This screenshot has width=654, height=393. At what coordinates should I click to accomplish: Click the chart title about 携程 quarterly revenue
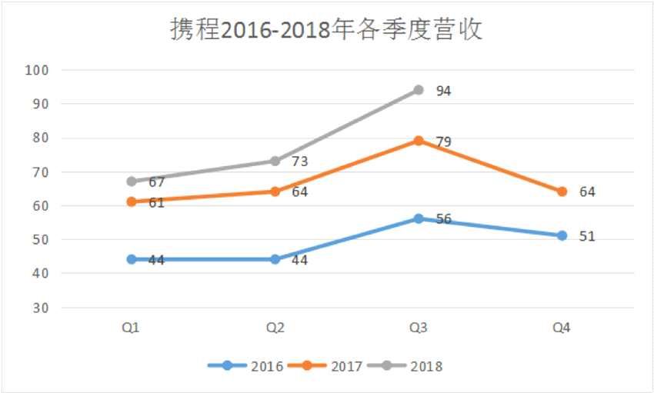click(x=326, y=30)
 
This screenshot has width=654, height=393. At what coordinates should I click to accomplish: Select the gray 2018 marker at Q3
click(x=419, y=90)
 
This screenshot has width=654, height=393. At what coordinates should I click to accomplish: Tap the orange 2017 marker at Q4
click(x=562, y=192)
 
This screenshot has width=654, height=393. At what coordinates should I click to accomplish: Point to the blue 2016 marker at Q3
click(x=419, y=218)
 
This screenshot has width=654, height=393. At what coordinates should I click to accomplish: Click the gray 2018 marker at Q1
click(x=132, y=182)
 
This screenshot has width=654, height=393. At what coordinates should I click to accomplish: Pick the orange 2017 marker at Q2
click(x=275, y=192)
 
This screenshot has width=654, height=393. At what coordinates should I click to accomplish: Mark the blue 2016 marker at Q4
click(x=562, y=235)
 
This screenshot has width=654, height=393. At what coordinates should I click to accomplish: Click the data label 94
click(x=443, y=91)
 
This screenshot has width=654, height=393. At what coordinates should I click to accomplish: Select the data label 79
click(x=443, y=142)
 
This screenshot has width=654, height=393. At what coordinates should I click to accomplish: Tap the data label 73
click(x=299, y=162)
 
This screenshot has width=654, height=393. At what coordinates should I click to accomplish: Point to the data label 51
click(x=587, y=236)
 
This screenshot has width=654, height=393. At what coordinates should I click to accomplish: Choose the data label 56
click(x=443, y=218)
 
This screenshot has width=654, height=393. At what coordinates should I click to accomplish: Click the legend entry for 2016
click(x=246, y=366)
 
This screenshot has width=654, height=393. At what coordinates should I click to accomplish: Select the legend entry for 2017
click(x=325, y=366)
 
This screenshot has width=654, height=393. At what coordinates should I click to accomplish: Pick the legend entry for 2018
click(x=405, y=366)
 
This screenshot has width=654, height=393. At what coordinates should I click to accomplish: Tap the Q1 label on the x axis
click(x=131, y=328)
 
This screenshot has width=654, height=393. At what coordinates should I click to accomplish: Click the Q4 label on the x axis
click(x=562, y=328)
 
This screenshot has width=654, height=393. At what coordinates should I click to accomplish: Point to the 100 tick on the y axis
click(x=37, y=70)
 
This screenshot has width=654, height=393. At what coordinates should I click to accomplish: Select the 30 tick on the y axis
click(x=40, y=308)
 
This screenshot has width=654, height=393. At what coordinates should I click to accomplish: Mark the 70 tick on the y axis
click(x=40, y=172)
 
